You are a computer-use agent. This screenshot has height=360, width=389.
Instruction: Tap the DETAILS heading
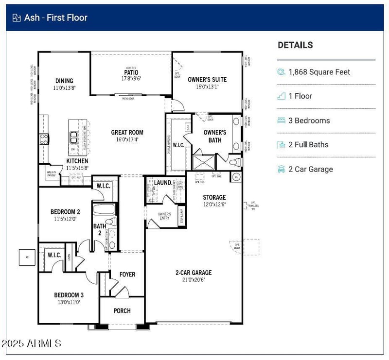[x=295, y=45]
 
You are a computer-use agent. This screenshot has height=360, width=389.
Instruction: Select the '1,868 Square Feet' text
[x=319, y=72]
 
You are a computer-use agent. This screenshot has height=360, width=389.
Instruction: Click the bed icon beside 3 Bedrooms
[x=281, y=120]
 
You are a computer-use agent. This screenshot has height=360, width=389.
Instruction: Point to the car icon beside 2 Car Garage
[x=281, y=169]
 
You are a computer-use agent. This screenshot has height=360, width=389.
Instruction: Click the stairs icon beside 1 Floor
[x=281, y=96]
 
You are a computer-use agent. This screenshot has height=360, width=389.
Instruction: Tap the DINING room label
[x=64, y=81]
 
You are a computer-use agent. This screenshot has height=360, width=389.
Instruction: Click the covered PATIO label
[x=130, y=72]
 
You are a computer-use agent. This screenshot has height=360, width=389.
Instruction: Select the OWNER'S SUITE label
[x=207, y=80]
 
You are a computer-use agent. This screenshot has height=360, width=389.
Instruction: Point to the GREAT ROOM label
[x=127, y=132]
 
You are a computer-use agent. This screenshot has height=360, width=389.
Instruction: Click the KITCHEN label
[x=77, y=161]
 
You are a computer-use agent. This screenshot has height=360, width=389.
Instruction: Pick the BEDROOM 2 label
[x=65, y=212]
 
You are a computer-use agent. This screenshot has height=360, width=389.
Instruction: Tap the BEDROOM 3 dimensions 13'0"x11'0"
[x=69, y=302]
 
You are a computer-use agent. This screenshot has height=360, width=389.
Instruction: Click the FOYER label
[x=127, y=274]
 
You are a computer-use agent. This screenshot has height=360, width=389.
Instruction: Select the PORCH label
[x=122, y=311]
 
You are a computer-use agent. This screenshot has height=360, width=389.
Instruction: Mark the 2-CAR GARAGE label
[x=194, y=273]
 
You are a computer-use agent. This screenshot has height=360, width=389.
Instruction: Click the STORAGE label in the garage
[x=214, y=197]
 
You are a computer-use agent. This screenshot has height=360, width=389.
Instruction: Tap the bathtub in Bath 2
[x=103, y=210]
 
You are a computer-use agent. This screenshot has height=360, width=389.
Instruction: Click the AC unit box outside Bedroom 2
[x=26, y=257]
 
